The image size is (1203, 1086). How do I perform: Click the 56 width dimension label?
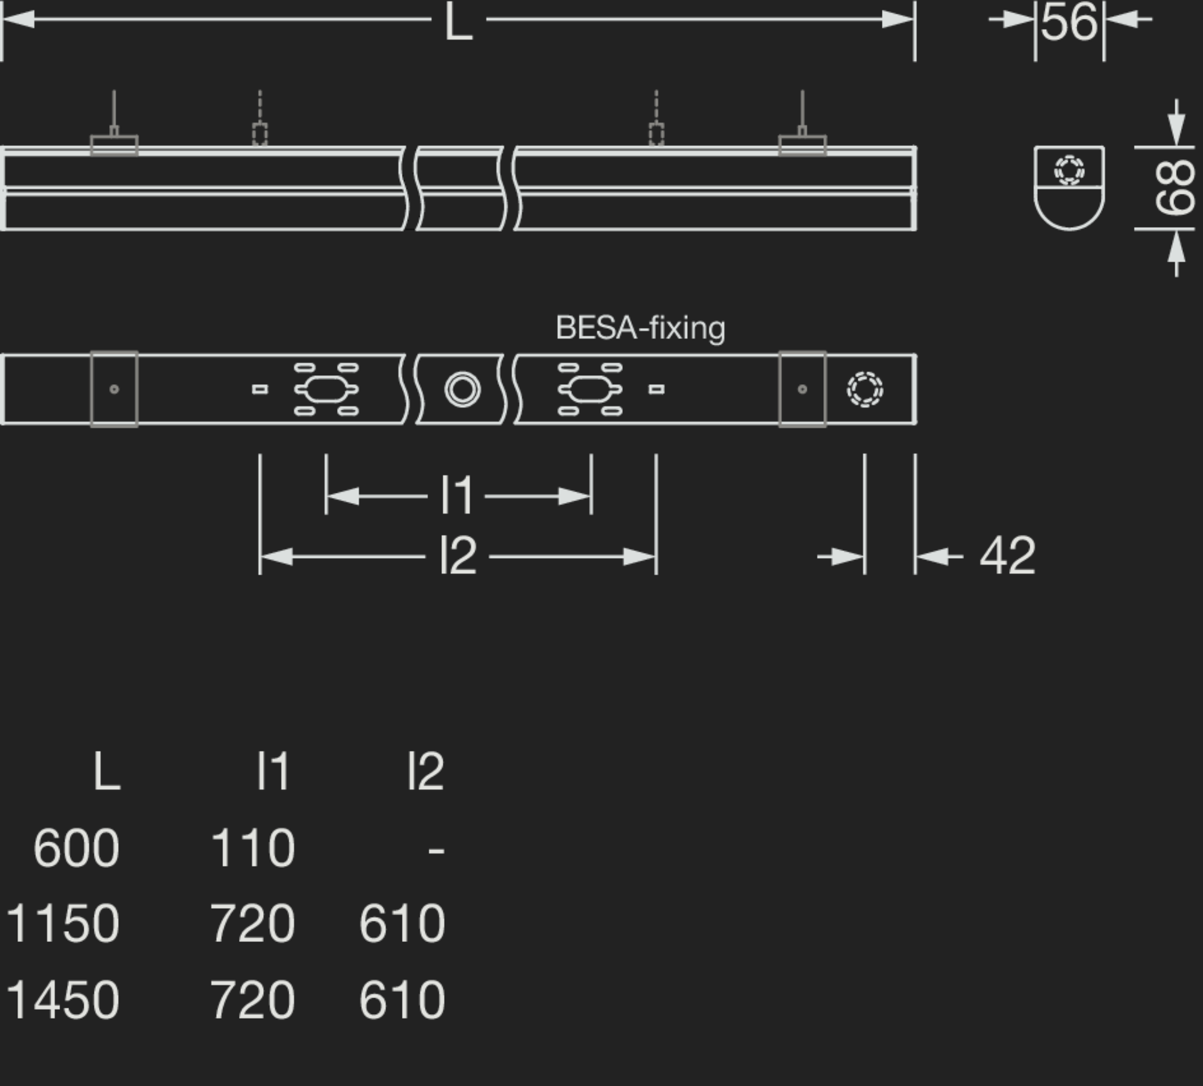(1069, 23)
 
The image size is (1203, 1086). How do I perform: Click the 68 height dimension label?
(1175, 188)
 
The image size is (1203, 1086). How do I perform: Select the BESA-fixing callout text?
(640, 329)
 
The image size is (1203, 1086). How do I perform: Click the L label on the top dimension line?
(458, 23)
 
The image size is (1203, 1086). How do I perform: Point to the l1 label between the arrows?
(457, 496)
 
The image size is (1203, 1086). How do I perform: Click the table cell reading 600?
(76, 848)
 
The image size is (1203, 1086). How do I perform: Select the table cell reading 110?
(253, 848)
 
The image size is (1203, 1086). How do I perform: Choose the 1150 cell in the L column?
(63, 923)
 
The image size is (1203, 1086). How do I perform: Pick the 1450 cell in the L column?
(63, 1000)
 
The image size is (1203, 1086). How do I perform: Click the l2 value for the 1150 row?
(402, 923)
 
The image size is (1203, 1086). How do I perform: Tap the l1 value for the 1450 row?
(253, 1000)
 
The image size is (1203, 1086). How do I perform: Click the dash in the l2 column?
(436, 850)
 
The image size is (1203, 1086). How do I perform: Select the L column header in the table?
(107, 771)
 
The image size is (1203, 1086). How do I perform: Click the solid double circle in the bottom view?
(462, 389)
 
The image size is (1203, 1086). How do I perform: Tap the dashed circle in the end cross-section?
(1069, 170)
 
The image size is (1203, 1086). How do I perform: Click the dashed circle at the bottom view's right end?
(864, 389)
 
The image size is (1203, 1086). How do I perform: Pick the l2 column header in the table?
(425, 771)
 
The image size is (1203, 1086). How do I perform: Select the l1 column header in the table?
(274, 771)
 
